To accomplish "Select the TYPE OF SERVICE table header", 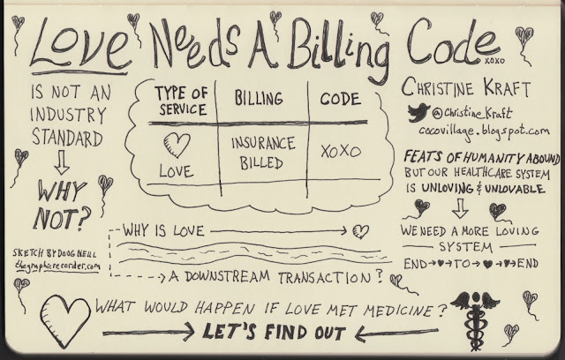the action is [183, 102].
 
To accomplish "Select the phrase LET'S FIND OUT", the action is [278, 333].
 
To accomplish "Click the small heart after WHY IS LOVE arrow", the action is [359, 233].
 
